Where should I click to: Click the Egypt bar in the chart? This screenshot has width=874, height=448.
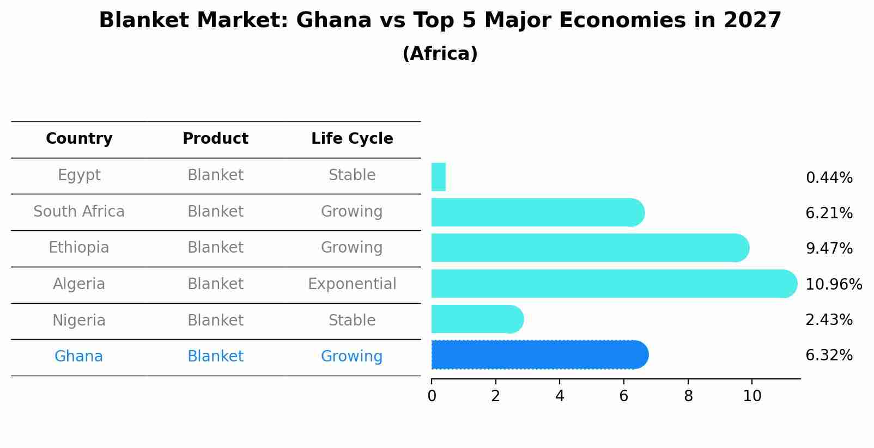[x=439, y=177]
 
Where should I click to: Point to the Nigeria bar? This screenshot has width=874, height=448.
[x=476, y=319]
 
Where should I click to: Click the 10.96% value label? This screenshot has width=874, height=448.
[x=833, y=285]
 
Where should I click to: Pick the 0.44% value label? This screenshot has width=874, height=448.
[x=829, y=178]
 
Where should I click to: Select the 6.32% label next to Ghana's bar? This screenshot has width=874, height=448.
[x=829, y=355]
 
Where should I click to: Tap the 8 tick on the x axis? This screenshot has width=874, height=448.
[x=688, y=396]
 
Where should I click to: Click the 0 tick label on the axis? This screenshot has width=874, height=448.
[x=432, y=396]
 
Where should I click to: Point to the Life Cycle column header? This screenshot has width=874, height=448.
[x=352, y=139]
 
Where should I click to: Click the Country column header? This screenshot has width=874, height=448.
[x=79, y=139]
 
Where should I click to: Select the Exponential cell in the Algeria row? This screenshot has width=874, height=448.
[x=352, y=284]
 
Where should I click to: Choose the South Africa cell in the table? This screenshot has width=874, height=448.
[x=79, y=212]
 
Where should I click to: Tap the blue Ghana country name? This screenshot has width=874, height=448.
[x=78, y=357]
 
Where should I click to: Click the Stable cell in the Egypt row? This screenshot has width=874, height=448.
[x=352, y=175]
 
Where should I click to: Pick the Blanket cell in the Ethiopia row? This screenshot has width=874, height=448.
[x=215, y=248]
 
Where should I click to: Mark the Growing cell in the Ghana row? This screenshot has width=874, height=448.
[x=352, y=357]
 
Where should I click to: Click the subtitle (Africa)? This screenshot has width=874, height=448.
[x=440, y=54]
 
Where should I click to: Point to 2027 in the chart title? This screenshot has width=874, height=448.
[x=752, y=21]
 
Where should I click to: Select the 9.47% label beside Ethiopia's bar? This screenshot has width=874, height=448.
[x=829, y=249]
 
